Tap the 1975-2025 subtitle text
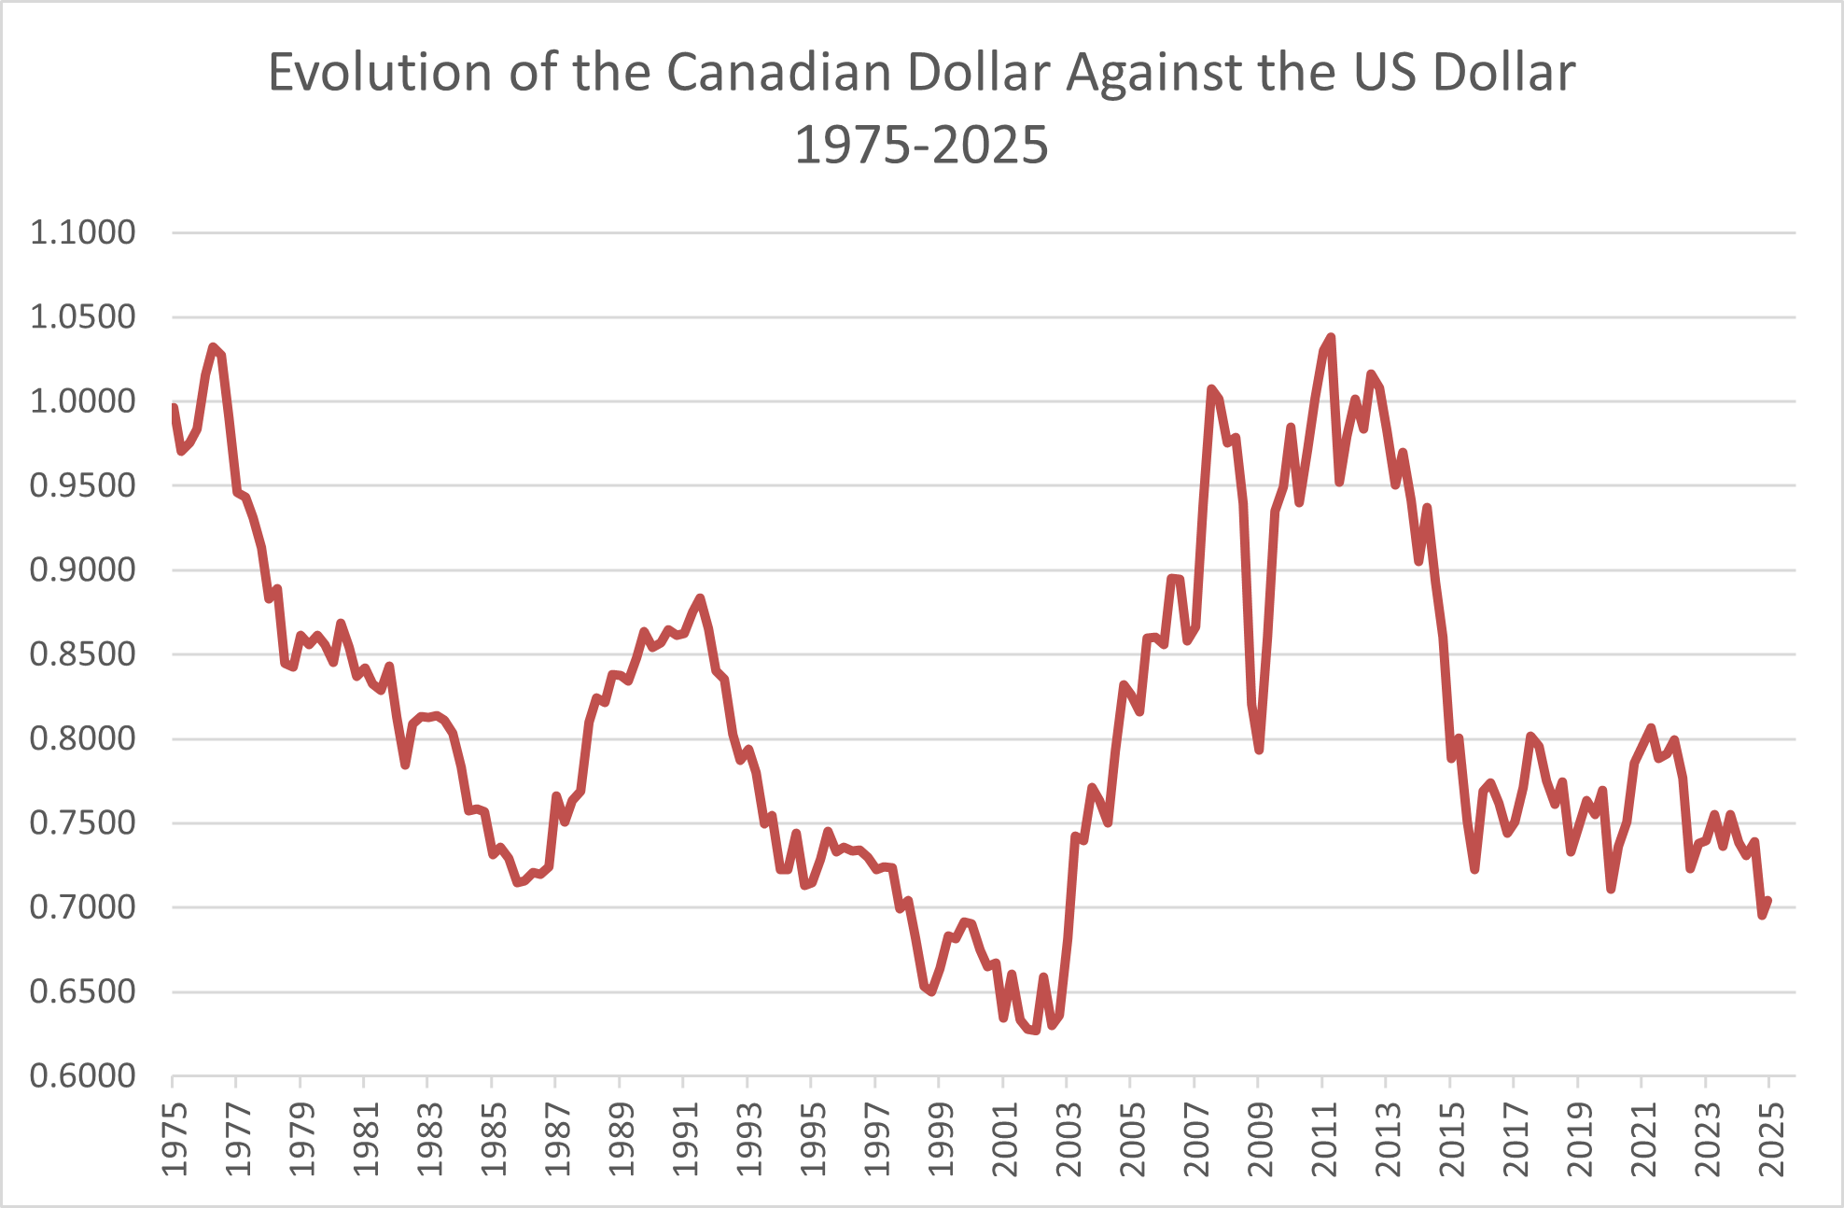[921, 146]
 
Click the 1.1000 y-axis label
[82, 232]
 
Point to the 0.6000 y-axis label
[82, 1075]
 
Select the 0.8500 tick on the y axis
[82, 654]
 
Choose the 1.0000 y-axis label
[82, 401]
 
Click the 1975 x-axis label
[174, 1140]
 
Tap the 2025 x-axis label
[1770, 1140]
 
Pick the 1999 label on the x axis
[940, 1140]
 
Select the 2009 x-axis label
[1259, 1140]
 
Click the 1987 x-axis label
[556, 1140]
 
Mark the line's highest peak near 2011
[1331, 337]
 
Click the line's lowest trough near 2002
[1035, 1031]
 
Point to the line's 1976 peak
[214, 346]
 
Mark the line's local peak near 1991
[700, 597]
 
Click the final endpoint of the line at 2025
[1767, 901]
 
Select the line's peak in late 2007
[1211, 389]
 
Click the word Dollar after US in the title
[1504, 73]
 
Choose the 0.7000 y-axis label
[82, 907]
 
